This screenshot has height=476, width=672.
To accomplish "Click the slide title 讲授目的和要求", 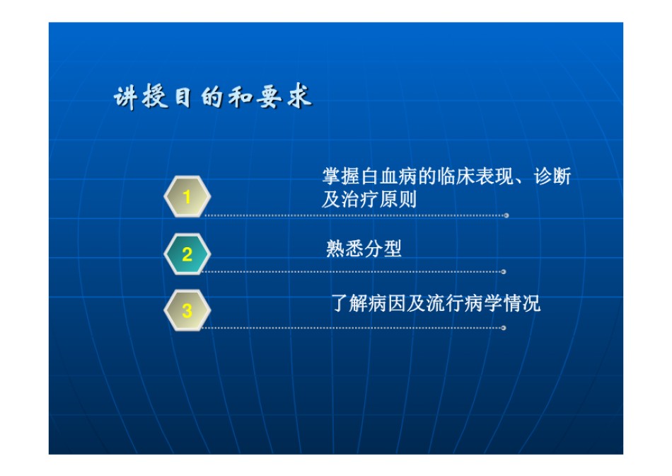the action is pos(213,96).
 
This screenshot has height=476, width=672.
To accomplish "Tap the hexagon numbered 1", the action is pos(187,197).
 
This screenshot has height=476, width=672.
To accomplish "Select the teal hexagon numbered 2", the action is pos(187,254).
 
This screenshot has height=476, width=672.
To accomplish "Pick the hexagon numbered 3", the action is pos(187,310).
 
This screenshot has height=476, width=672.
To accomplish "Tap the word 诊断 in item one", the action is pos(552,176).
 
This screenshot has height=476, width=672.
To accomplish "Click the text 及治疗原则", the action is pos(369,200).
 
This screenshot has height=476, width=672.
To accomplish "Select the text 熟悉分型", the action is pos(364,249).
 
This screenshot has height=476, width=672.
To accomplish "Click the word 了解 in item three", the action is pos(350,303).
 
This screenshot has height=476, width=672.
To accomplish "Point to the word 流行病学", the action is pos(465,303).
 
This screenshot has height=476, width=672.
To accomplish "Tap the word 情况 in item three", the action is pos(522,303).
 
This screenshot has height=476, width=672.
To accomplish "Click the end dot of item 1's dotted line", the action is pos(506,215).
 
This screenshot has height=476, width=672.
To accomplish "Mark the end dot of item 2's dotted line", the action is pos(504,272).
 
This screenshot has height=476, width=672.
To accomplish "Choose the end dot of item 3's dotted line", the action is pos(504,328).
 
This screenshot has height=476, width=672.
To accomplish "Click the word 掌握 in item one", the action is pos(342,176).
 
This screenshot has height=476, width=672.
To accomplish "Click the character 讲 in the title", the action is pos(126,98).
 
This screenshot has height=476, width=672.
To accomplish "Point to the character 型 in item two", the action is pos(393,249).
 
